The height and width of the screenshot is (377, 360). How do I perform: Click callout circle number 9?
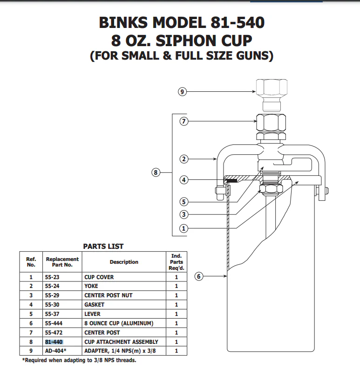coord(183,92)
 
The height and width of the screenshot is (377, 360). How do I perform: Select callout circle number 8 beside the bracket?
coord(156,172)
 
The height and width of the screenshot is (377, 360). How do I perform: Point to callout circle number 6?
coord(199,277)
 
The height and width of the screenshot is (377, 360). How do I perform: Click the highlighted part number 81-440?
coord(54,342)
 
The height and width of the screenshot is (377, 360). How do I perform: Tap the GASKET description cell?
coord(94,304)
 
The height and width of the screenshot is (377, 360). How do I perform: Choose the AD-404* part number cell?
coord(55,351)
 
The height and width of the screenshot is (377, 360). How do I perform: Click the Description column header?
coord(124,262)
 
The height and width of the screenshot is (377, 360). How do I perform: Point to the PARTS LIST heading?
coord(103,246)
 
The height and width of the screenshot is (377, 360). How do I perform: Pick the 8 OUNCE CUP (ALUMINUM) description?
coord(119,323)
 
